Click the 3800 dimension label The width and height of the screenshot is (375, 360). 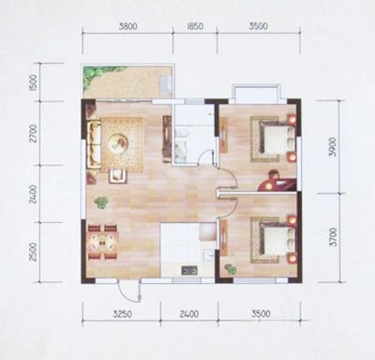(127, 26)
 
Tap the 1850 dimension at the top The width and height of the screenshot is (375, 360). (195, 26)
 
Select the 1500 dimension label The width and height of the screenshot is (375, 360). (34, 82)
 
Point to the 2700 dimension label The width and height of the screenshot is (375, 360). (33, 133)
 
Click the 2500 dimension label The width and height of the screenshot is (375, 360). (33, 252)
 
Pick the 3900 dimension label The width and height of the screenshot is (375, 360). (333, 147)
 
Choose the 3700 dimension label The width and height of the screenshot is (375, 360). (333, 237)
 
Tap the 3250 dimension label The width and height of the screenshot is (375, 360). (124, 314)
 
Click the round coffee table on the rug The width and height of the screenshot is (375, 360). (118, 143)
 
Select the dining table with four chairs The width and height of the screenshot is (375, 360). (103, 242)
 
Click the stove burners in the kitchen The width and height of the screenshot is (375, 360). (189, 270)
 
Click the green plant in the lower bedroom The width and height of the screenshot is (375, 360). (231, 269)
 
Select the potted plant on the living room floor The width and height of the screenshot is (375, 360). (101, 202)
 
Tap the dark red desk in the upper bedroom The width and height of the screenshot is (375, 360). (277, 183)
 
